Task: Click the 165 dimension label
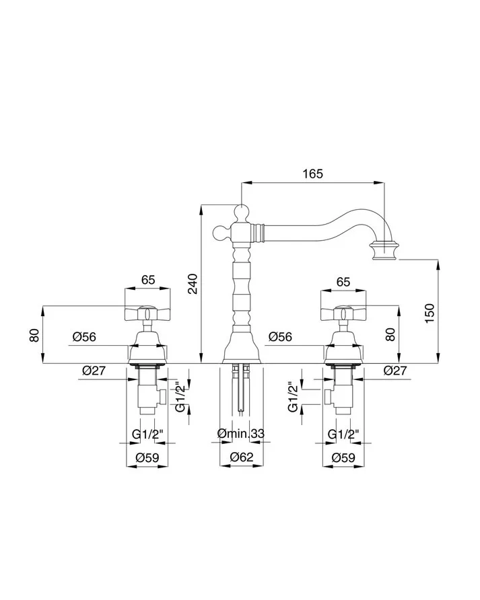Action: tap(312, 174)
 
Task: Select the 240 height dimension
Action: tap(193, 284)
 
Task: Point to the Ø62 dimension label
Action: tap(241, 457)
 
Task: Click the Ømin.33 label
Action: tap(240, 434)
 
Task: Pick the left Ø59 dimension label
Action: tap(147, 457)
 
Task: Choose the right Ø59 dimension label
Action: tap(343, 457)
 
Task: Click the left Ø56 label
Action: tap(84, 337)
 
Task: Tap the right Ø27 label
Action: tap(395, 370)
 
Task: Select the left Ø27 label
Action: tap(94, 370)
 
